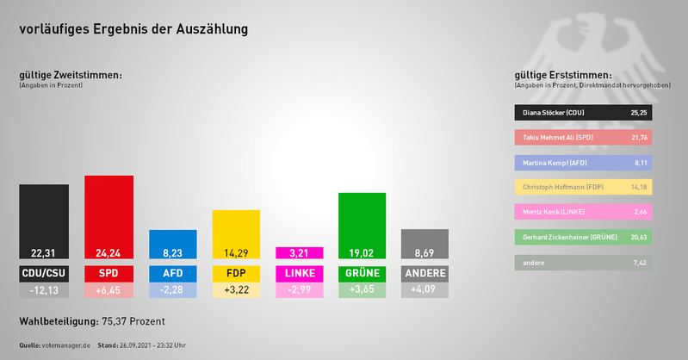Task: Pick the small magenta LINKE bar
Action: pos(299,253)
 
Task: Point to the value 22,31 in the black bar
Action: pos(44,253)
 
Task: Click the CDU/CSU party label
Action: pos(44,274)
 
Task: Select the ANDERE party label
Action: pos(425,274)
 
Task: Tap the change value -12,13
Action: pos(44,291)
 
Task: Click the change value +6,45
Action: pos(108,291)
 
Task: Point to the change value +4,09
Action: pos(425,291)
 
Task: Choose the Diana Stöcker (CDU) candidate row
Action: pos(582,113)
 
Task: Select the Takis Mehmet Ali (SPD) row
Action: pos(582,138)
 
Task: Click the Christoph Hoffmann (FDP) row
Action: pos(582,187)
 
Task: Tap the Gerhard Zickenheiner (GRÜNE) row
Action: pos(582,236)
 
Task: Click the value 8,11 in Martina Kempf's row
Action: pos(639,162)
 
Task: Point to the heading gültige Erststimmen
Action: pos(561,75)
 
